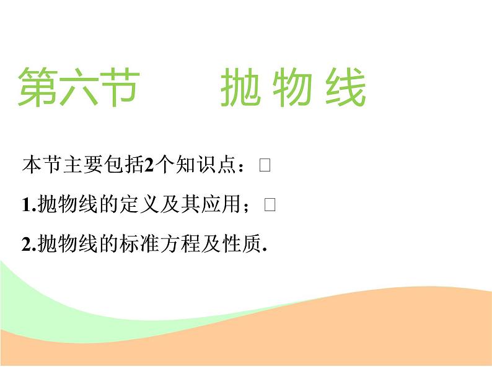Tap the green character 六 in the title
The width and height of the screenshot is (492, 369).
pyautogui.click(x=77, y=87)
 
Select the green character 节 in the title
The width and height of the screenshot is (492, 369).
pyautogui.click(x=116, y=87)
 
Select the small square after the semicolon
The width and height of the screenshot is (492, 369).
pyautogui.click(x=269, y=206)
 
